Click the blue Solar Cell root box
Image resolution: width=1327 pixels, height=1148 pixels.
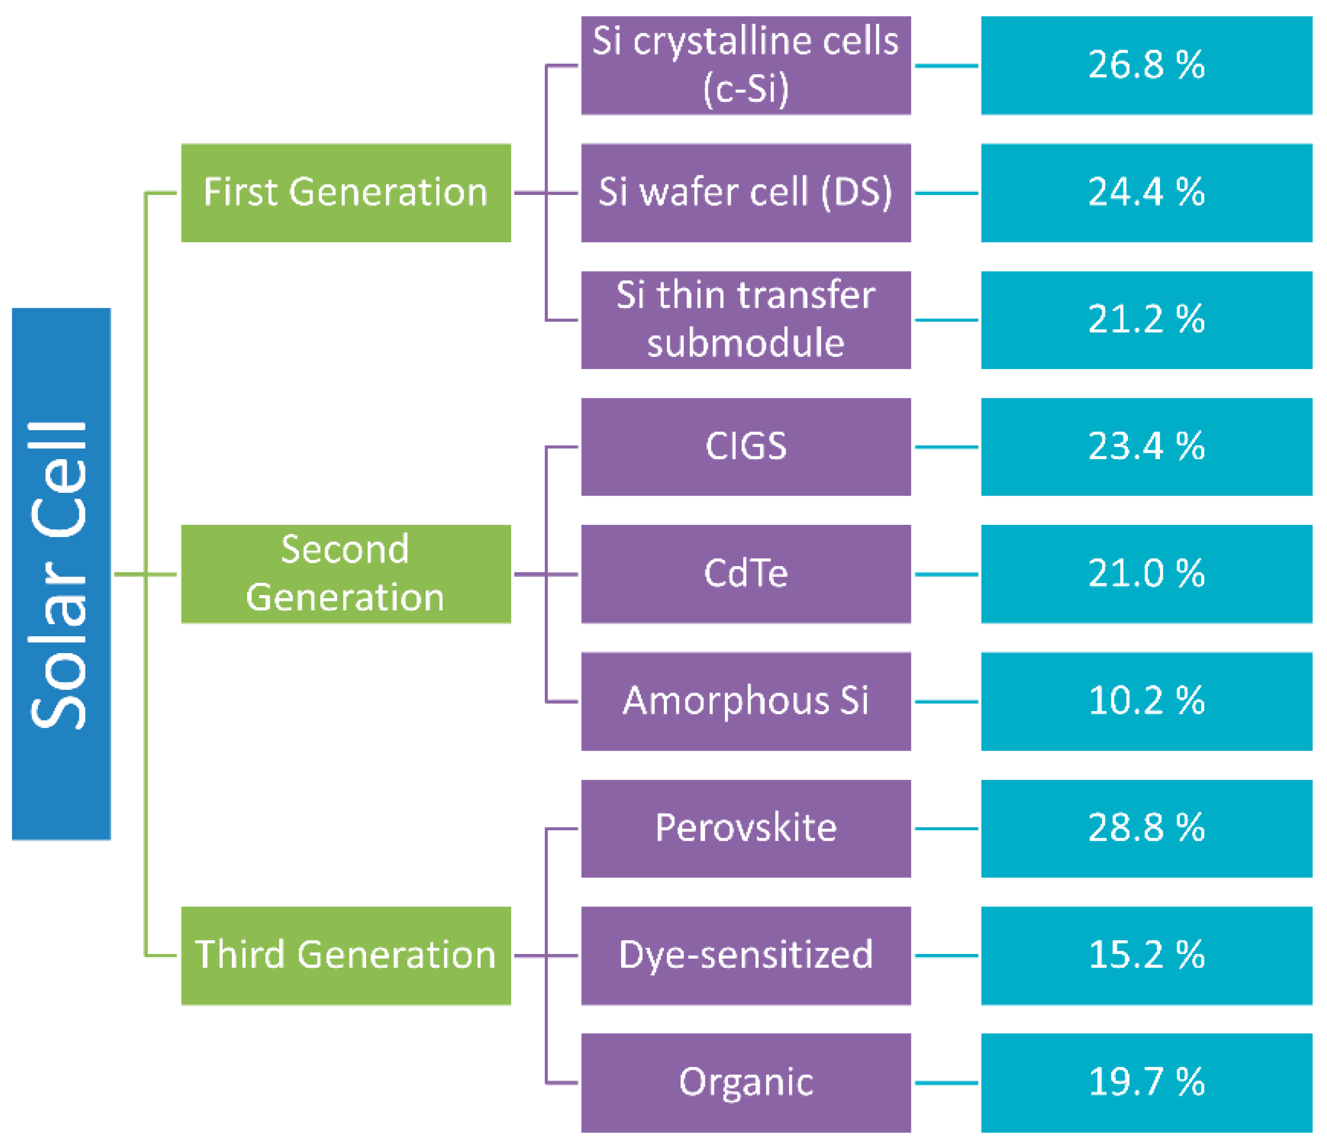pos(62,574)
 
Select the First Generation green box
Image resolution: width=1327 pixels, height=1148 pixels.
pos(346,193)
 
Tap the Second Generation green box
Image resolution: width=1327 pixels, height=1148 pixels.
pos(346,574)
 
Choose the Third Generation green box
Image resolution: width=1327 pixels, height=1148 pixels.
pos(346,955)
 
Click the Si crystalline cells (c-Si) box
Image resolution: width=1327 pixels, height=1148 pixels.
pos(745,65)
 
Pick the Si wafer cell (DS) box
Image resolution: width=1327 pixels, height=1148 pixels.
pos(745,193)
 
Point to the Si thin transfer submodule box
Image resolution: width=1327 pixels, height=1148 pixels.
pos(745,319)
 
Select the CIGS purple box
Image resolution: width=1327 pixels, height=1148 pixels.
pos(745,446)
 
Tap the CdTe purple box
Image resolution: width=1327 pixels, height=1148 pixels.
pos(745,574)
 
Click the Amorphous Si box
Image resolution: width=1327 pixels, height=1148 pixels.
pos(745,701)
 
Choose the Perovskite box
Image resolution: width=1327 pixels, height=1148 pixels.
pos(745,829)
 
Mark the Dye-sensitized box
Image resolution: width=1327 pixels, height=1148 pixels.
pos(745,955)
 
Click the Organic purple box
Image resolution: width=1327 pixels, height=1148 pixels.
pos(745,1083)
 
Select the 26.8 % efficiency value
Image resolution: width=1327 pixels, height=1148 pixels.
pos(1146,65)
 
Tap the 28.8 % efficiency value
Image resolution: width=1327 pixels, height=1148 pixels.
pos(1146,829)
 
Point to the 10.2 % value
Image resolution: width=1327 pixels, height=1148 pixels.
pos(1146,701)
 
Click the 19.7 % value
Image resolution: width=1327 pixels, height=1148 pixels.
pos(1146,1083)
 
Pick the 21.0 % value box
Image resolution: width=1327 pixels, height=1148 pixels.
pos(1146,574)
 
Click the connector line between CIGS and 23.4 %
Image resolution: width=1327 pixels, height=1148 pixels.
pos(946,446)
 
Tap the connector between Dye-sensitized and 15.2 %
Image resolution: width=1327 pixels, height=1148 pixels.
pos(946,955)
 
